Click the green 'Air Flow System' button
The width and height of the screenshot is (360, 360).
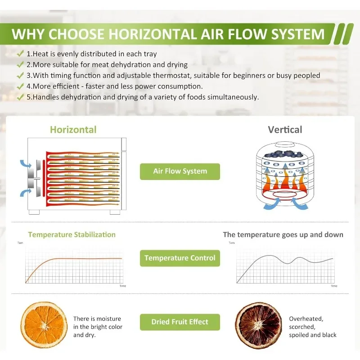[180, 171]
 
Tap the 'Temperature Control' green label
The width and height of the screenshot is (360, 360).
[180, 258]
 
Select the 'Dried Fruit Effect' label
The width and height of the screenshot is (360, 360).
[180, 322]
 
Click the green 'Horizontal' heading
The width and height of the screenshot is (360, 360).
[73, 130]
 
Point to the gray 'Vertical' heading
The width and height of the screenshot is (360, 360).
[285, 130]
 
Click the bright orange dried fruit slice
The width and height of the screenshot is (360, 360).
[44, 325]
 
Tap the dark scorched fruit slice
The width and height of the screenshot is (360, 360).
[258, 325]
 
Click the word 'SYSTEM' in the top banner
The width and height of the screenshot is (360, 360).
[298, 34]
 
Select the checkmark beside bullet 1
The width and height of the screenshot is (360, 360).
[20, 54]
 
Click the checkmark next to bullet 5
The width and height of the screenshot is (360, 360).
[20, 97]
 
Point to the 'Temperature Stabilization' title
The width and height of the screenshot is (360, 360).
[72, 234]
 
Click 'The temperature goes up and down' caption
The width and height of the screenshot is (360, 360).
[283, 234]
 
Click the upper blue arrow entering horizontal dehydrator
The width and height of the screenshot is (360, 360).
[26, 164]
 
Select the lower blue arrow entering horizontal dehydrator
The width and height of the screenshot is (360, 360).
[26, 193]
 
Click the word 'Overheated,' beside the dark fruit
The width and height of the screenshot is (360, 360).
[306, 319]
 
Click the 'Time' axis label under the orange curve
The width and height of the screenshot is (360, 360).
[123, 286]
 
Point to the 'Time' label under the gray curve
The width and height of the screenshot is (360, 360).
[334, 286]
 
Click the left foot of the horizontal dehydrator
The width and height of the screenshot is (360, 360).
[34, 212]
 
